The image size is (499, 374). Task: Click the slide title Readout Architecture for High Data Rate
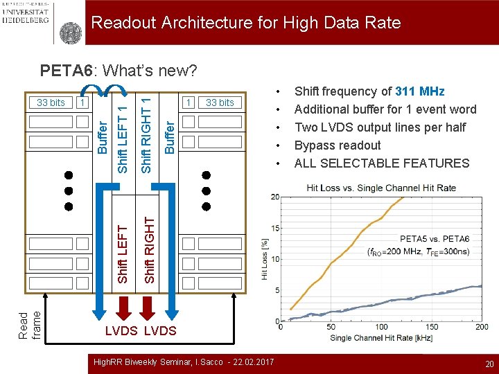(246, 23)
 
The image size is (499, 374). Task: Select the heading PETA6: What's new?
(119, 71)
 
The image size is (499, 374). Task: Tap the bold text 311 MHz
(420, 91)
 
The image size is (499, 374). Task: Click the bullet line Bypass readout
(338, 145)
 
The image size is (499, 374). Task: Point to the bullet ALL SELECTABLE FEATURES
(382, 163)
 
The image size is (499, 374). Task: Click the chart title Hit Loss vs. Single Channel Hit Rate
(381, 188)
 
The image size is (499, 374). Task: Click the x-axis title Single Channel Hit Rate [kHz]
(380, 337)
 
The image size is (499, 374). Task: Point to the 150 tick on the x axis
(432, 327)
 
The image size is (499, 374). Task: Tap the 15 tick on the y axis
(275, 228)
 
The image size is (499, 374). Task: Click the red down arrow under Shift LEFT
(123, 305)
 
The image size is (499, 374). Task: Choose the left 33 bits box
(51, 103)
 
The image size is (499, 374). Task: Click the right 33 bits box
(220, 103)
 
